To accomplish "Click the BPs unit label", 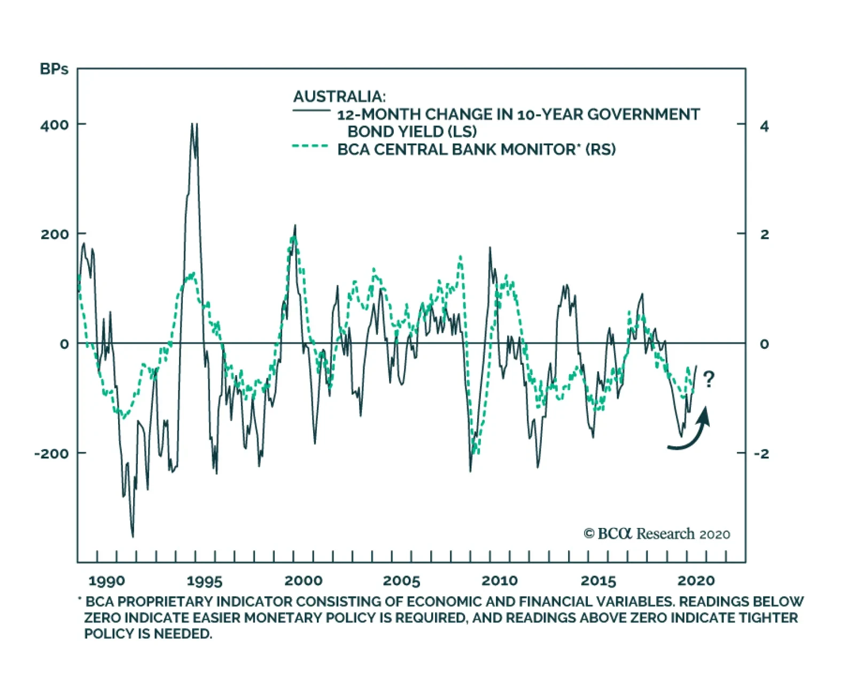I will pos(54,69).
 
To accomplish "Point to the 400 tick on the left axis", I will pos(55,125).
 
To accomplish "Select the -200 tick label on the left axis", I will pos(52,454).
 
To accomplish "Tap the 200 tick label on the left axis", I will pos(55,234).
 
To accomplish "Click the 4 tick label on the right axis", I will pos(765,126).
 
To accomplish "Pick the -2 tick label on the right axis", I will pos(761,454).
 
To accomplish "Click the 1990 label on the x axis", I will pos(106,581).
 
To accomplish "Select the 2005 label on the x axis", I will pos(401,581).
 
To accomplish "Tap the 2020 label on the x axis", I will pos(696,581).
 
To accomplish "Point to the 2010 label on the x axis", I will pos(500,581).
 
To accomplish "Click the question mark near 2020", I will pos(709,380).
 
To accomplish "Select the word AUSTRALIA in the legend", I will pos(339,97).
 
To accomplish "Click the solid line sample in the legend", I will pos(311,111).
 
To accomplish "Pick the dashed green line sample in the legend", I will pos(310,146).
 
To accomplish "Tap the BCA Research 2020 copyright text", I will pos(657,534).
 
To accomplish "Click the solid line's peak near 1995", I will pos(193,125).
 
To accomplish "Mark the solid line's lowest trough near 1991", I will pos(133,536).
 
